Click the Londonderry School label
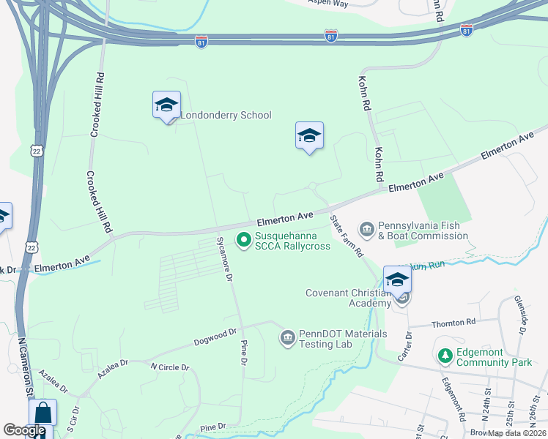point(226,115)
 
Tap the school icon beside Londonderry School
point(166,105)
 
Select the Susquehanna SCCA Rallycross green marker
point(244,239)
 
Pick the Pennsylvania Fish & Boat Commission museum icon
point(367,230)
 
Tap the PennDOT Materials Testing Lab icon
point(288,337)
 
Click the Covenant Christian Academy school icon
point(397,281)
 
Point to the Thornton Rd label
point(454,322)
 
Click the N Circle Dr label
point(170,367)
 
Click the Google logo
point(24,429)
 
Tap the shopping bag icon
point(42,414)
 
